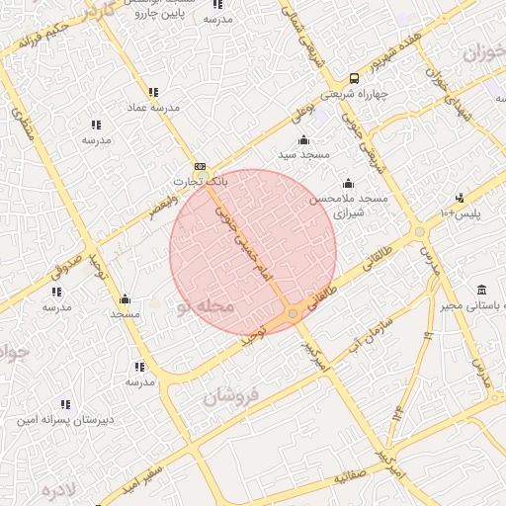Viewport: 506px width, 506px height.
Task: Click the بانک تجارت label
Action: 201,182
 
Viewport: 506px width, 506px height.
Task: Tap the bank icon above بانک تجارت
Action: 201,166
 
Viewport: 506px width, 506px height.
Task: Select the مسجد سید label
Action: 302,155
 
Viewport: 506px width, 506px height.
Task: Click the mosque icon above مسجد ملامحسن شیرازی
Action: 348,183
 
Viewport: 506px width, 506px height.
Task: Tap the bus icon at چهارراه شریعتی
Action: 354,79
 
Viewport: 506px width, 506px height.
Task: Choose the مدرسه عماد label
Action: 150,106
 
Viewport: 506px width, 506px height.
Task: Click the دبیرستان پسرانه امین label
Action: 65,419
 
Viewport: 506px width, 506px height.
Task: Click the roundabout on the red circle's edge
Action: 293,313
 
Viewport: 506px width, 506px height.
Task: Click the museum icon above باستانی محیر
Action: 481,290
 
